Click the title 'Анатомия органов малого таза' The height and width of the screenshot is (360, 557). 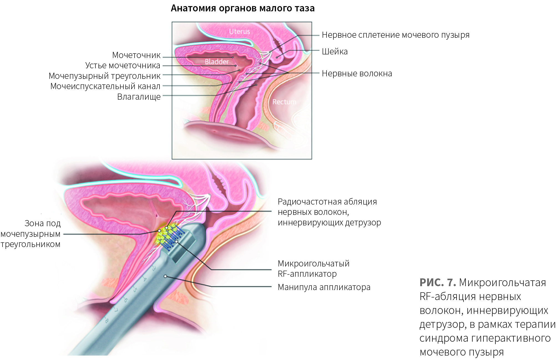pyautogui.click(x=242, y=8)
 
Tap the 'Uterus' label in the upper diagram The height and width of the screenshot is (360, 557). pyautogui.click(x=239, y=32)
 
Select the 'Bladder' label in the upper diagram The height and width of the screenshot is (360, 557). pyautogui.click(x=217, y=62)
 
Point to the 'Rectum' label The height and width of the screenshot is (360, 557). pyautogui.click(x=284, y=102)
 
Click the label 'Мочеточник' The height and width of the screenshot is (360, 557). pyautogui.click(x=136, y=55)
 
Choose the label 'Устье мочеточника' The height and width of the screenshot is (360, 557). pyautogui.click(x=123, y=66)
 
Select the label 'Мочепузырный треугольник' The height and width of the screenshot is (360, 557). pyautogui.click(x=105, y=76)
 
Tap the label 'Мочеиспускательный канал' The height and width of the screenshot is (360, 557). pyautogui.click(x=105, y=86)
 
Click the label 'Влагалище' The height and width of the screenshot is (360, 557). pyautogui.click(x=139, y=97)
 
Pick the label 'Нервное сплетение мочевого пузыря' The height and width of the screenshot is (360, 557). pyautogui.click(x=396, y=35)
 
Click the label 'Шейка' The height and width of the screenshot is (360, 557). pyautogui.click(x=335, y=52)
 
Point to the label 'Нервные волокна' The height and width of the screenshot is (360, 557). pyautogui.click(x=357, y=74)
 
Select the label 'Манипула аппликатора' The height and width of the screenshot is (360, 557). pyautogui.click(x=324, y=287)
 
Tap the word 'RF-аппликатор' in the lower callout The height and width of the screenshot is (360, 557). pyautogui.click(x=307, y=274)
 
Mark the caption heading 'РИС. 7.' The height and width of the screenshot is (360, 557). pyautogui.click(x=437, y=282)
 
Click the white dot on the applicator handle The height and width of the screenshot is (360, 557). pyautogui.click(x=165, y=276)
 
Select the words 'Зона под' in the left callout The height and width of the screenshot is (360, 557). pyautogui.click(x=42, y=223)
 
